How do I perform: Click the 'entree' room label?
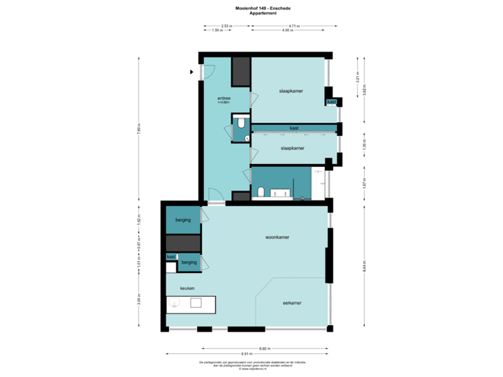coord(224,98)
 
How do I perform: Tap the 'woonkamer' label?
coord(277,237)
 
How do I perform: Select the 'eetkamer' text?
coord(292,302)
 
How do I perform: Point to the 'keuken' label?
coord(187,288)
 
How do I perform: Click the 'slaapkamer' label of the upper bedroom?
coord(290,91)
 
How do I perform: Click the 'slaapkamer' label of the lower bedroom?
coord(292,148)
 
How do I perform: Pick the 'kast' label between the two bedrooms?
coord(294,128)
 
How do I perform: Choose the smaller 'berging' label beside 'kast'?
coord(189,263)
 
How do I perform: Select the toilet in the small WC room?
coord(240,123)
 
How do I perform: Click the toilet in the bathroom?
coord(260,191)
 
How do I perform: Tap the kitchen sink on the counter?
coord(176,304)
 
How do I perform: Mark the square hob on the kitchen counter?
coord(196,304)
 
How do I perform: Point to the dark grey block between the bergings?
coord(183,242)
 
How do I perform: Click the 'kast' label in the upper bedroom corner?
coord(331,102)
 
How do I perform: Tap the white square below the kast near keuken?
coord(171,267)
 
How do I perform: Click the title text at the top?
coord(251,9)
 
